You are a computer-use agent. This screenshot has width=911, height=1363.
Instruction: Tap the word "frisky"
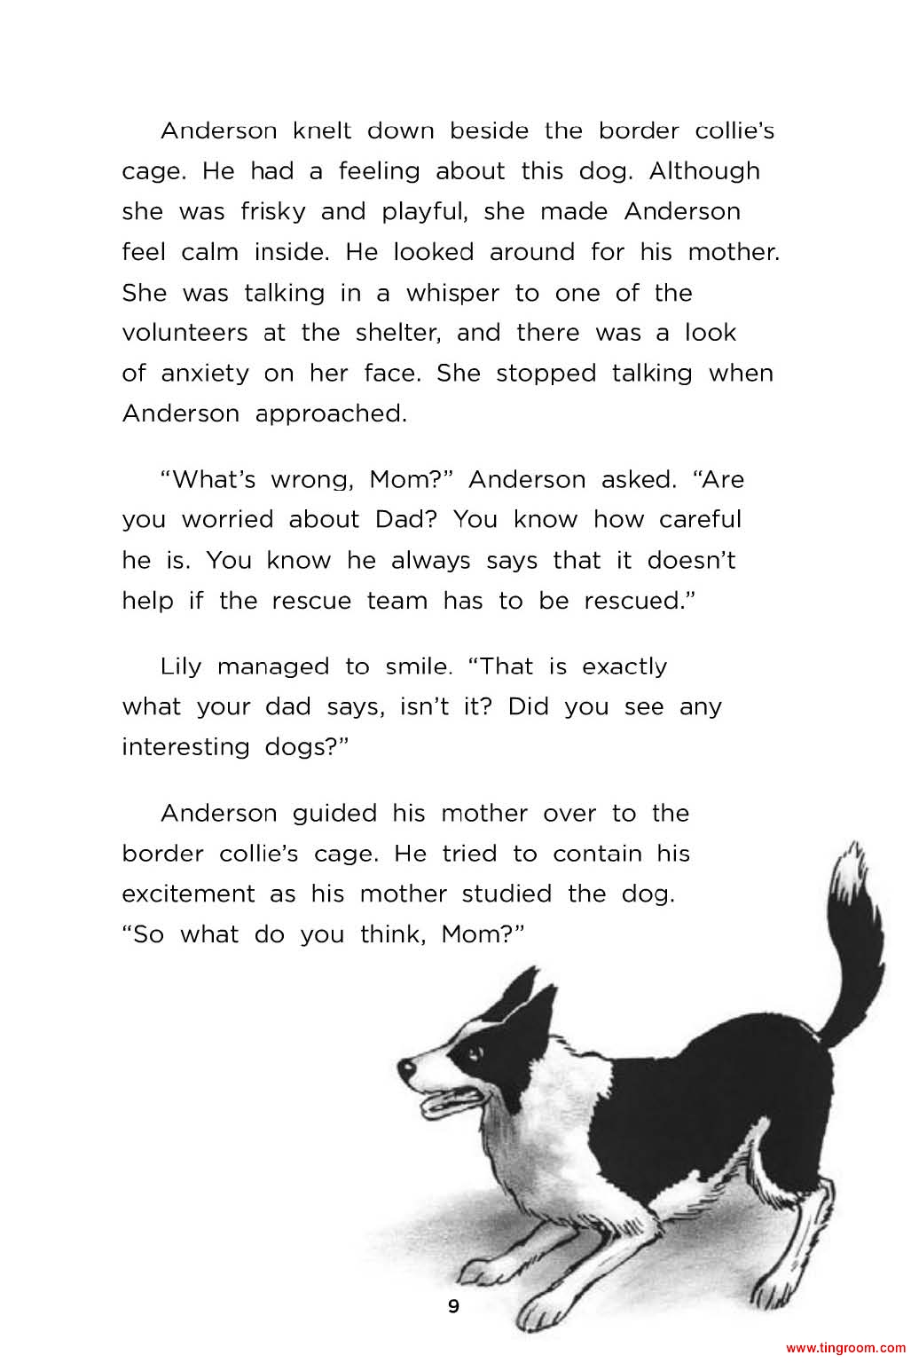point(272,212)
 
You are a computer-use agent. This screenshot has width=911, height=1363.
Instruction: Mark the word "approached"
point(331,414)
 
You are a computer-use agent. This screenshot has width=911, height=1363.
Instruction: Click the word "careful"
point(699,520)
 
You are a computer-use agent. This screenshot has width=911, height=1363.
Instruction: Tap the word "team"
point(397,602)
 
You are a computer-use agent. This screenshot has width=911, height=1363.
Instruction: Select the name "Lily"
point(181,666)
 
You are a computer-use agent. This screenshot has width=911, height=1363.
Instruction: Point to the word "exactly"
point(624,666)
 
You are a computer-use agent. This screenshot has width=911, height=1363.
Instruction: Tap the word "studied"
point(506,894)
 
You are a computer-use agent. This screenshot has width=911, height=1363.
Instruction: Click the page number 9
point(454,1306)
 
